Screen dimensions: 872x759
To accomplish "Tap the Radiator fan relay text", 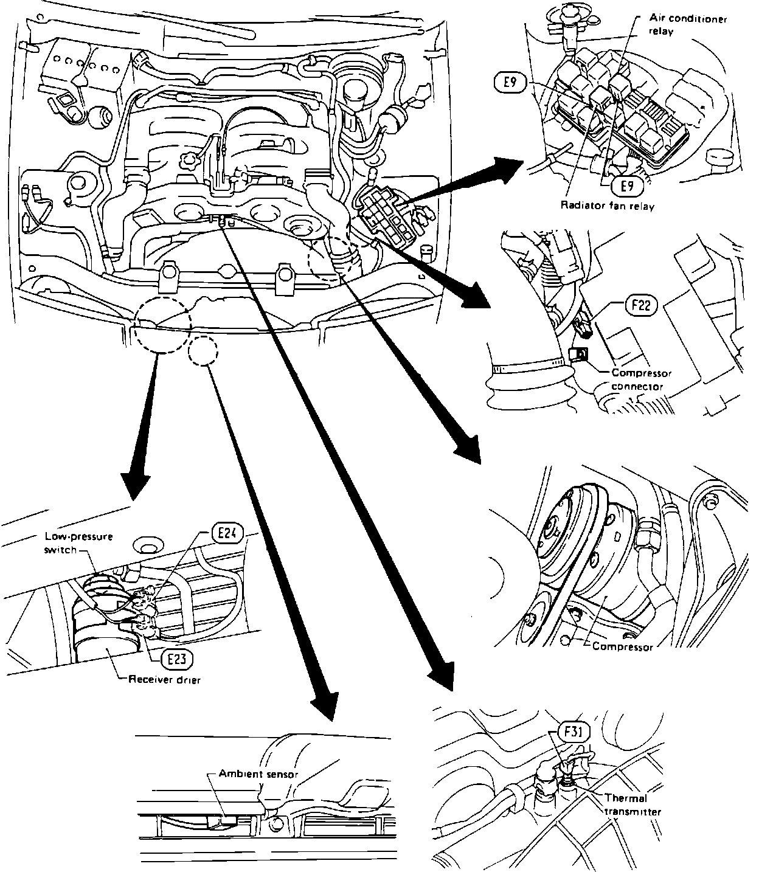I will point(607,206).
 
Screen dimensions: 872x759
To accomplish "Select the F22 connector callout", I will point(640,305).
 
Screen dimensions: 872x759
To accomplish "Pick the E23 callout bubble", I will point(177,659).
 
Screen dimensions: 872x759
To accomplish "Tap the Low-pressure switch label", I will point(78,543).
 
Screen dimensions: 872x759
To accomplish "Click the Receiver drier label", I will point(164,680).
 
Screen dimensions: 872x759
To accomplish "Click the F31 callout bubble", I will point(574,732).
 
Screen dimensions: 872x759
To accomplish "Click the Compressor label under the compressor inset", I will point(622,646).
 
